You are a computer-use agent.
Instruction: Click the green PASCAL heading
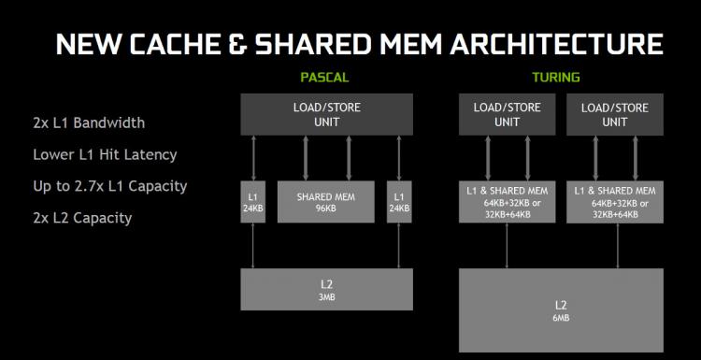pyautogui.click(x=324, y=78)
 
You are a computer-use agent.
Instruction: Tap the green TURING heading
pyautogui.click(x=556, y=78)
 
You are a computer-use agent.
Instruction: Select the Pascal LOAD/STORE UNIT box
pyautogui.click(x=326, y=114)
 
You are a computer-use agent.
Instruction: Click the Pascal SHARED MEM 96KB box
pyautogui.click(x=326, y=202)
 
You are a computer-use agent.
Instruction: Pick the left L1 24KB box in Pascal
pyautogui.click(x=253, y=202)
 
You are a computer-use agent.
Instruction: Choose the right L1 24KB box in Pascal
pyautogui.click(x=399, y=202)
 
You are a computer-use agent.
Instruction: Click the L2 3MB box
pyautogui.click(x=326, y=289)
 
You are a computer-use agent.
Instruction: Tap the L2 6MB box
pyautogui.click(x=561, y=310)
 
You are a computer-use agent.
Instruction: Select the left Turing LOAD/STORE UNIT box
pyautogui.click(x=507, y=114)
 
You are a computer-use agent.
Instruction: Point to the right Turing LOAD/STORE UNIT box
pyautogui.click(x=615, y=114)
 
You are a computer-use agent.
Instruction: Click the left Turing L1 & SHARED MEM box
pyautogui.click(x=507, y=202)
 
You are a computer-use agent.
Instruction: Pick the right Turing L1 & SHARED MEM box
pyautogui.click(x=615, y=202)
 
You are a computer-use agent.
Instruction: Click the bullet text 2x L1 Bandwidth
pyautogui.click(x=89, y=122)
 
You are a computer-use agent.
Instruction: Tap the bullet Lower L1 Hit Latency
pyautogui.click(x=105, y=154)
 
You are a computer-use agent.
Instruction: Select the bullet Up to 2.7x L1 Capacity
pyautogui.click(x=110, y=186)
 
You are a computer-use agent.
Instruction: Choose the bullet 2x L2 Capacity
pyautogui.click(x=82, y=218)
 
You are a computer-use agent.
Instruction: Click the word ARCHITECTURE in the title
pyautogui.click(x=557, y=44)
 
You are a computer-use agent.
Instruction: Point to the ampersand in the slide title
pyautogui.click(x=237, y=44)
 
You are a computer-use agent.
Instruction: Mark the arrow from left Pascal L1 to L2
pyautogui.click(x=253, y=246)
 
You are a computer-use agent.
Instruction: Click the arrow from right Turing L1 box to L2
pyautogui.click(x=618, y=246)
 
